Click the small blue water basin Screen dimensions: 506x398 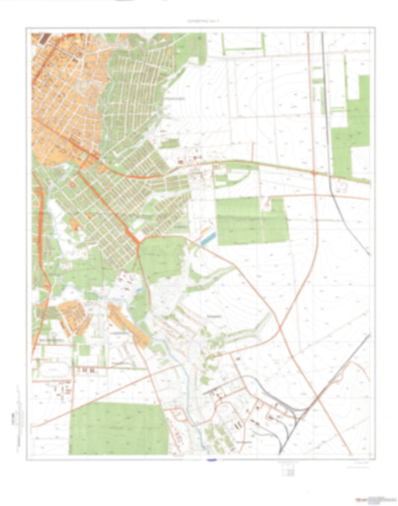tap(208, 238)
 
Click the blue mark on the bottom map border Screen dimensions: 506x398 tap(210, 459)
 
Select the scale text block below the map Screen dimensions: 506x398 tap(287, 469)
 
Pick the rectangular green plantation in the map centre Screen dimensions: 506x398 tap(251, 220)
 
